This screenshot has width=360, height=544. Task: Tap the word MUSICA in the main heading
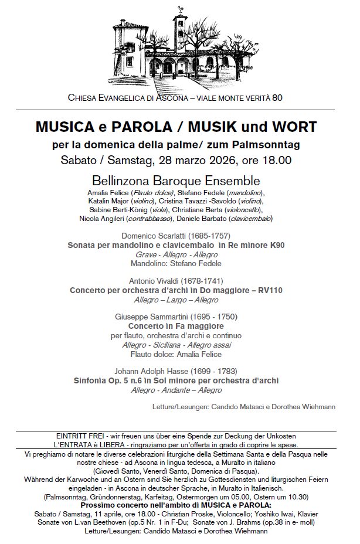click(60, 127)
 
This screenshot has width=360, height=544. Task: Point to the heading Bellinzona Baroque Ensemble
click(176, 181)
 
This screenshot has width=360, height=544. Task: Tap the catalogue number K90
click(274, 245)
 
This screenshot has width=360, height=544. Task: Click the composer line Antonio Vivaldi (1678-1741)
click(175, 281)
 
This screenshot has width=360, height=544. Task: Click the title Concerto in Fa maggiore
click(176, 326)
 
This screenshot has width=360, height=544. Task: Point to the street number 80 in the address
click(277, 97)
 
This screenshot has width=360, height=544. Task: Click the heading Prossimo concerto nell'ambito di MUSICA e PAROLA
click(176, 505)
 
